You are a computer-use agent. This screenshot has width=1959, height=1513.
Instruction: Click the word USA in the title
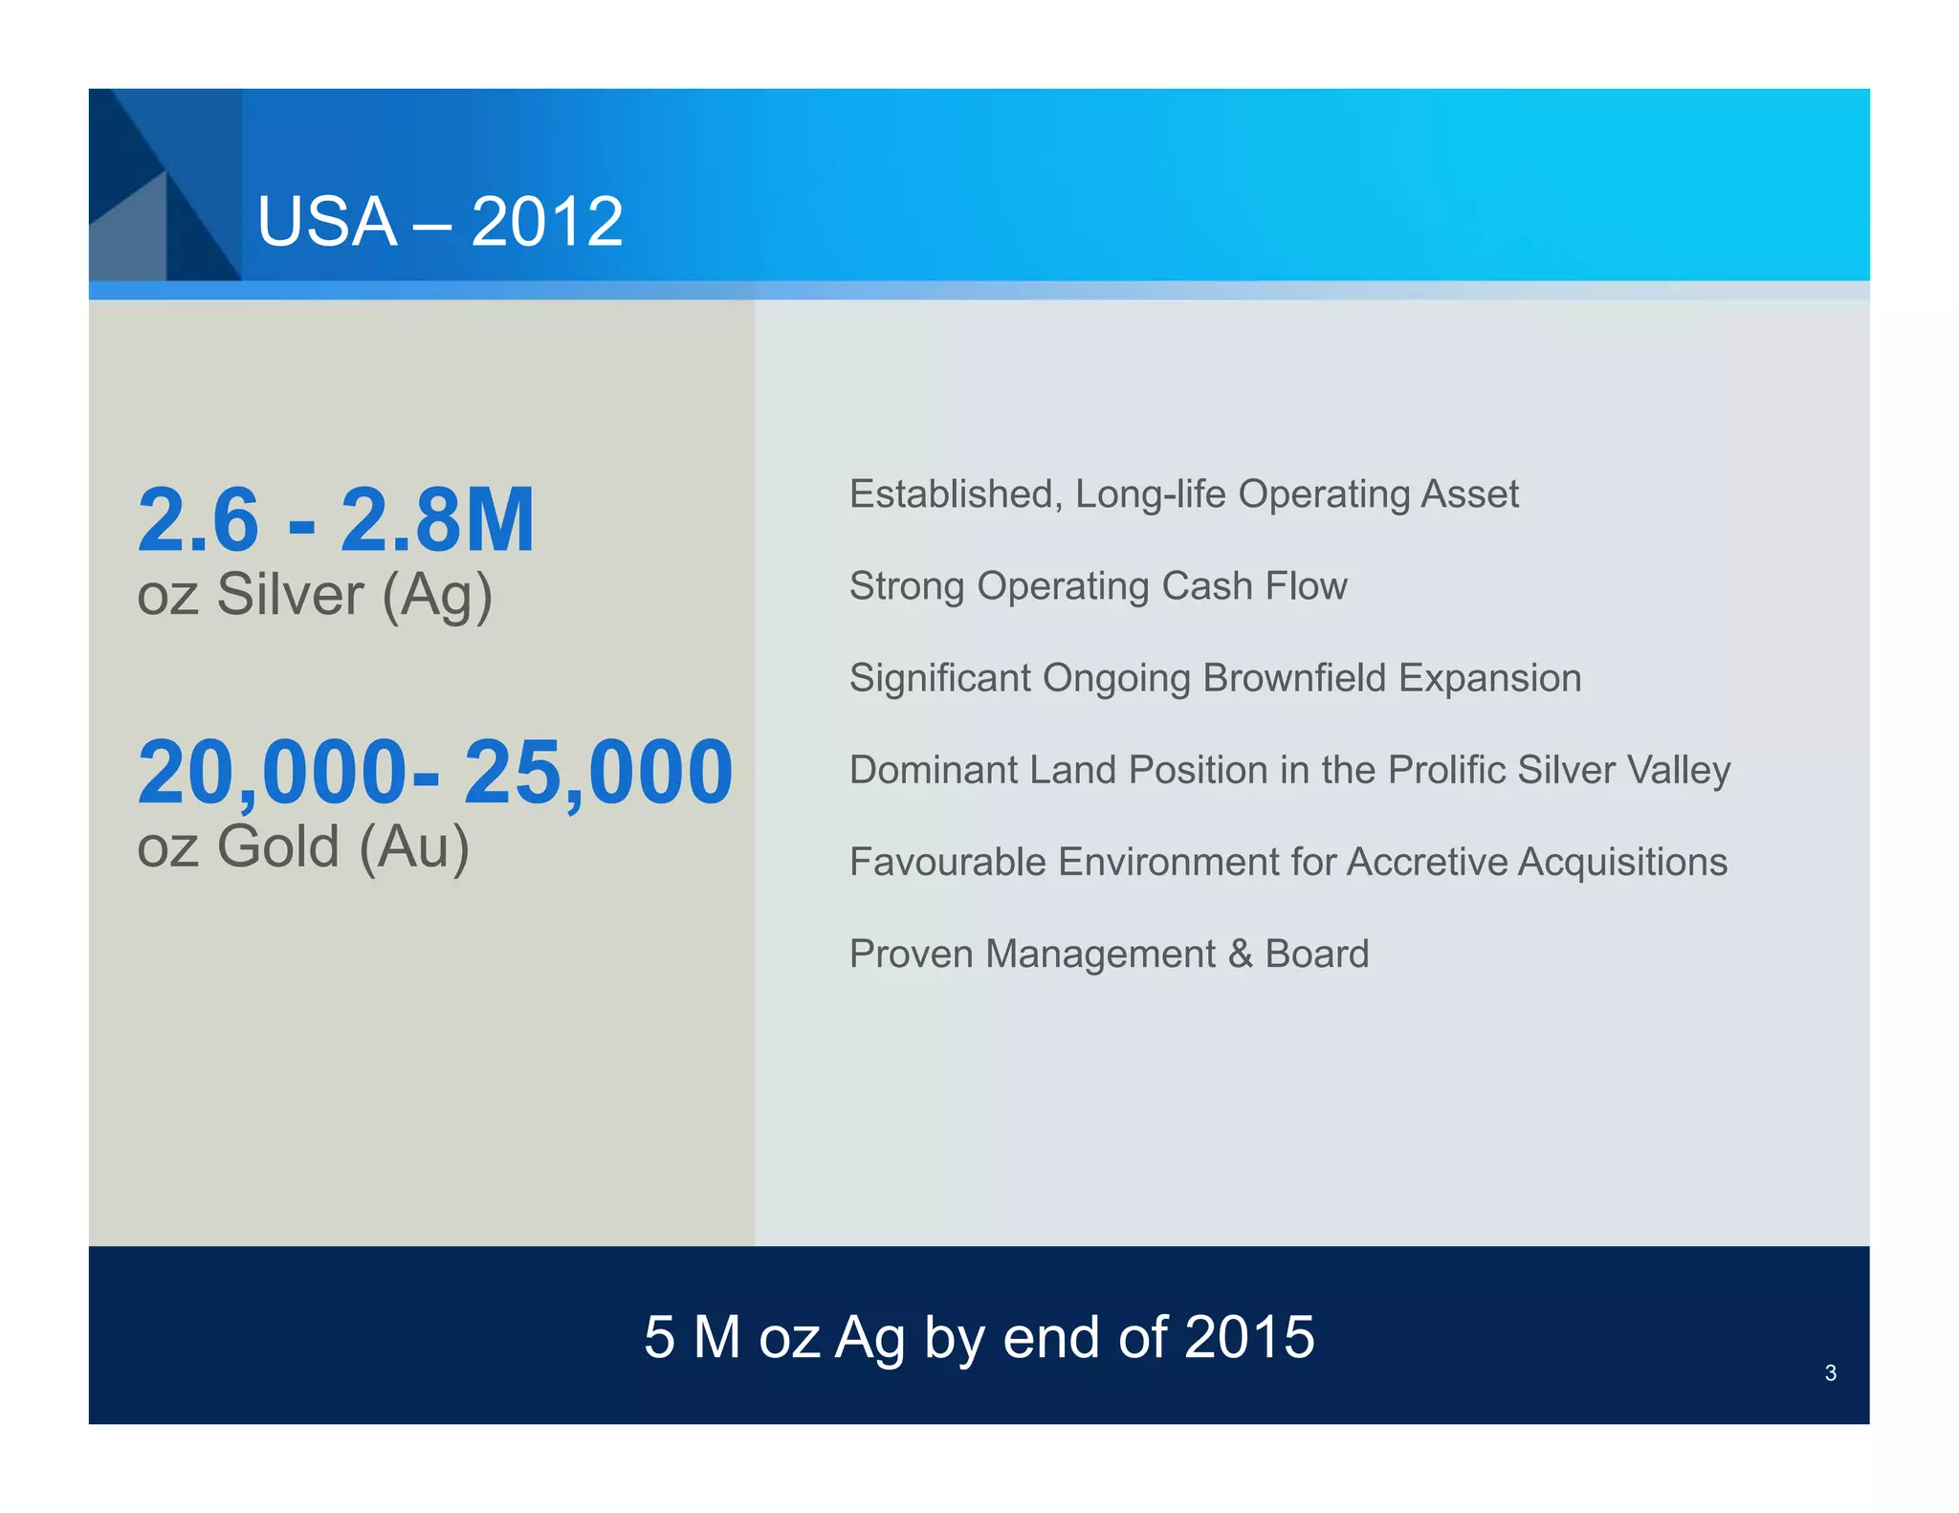[326, 222]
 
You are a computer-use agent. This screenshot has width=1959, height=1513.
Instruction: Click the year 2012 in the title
[546, 222]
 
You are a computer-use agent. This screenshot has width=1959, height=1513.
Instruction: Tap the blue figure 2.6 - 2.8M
[336, 520]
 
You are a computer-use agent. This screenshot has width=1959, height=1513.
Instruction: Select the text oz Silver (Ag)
[315, 595]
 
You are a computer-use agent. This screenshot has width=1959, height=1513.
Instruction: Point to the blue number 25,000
[599, 772]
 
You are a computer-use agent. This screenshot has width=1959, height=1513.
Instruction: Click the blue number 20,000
[273, 772]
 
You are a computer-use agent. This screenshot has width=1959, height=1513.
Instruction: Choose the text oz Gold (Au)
[303, 846]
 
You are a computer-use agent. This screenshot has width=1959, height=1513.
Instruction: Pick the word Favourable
[947, 862]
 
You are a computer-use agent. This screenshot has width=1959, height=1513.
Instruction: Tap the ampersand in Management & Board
[1241, 954]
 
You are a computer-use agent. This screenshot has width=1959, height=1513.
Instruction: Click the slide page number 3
[1830, 1373]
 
